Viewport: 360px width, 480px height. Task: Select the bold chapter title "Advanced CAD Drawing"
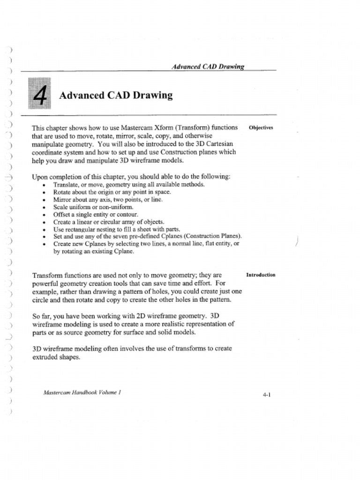click(116, 96)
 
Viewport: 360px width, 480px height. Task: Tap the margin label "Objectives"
click(261, 127)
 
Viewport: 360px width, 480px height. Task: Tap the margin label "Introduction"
click(261, 275)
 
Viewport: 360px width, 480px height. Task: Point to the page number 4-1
click(267, 395)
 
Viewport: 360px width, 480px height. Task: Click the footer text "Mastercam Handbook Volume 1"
click(82, 392)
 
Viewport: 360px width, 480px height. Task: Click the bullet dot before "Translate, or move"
click(44, 185)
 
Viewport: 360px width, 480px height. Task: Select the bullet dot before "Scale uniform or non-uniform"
click(44, 207)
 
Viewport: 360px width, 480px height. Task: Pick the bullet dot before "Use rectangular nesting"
click(44, 230)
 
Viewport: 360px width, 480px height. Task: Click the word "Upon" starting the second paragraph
click(39, 177)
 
